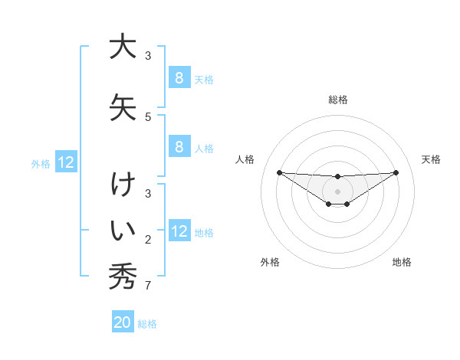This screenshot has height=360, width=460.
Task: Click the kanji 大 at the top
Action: (122, 47)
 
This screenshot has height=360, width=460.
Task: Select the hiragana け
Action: (122, 186)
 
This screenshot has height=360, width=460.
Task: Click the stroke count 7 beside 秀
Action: (147, 286)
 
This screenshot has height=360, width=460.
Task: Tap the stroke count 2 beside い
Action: (147, 241)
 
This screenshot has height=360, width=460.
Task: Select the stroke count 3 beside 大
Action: (147, 56)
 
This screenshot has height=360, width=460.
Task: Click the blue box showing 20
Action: (123, 323)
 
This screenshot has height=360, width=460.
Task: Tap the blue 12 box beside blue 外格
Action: (66, 162)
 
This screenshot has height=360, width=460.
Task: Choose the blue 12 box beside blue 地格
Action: (179, 232)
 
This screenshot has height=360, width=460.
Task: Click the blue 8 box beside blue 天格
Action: (179, 78)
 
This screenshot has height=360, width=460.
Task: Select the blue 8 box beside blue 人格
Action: (179, 148)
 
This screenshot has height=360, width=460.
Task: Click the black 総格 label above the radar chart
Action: (338, 100)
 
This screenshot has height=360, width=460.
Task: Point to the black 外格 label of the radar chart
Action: (270, 262)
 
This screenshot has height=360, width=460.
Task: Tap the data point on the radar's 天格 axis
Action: (396, 172)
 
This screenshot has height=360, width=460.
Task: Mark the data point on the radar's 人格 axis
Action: (279, 172)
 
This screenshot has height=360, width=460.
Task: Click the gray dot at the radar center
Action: (338, 191)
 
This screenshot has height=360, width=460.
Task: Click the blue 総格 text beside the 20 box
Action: (148, 324)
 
